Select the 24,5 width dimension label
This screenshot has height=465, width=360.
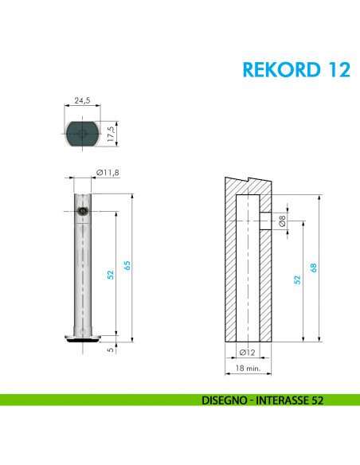tap(81, 101)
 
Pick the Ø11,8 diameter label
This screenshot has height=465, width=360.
tap(108, 173)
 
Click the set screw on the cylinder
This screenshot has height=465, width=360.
tap(83, 211)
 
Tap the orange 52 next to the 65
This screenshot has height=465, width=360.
tap(112, 274)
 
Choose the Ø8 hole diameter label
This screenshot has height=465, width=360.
tap(281, 222)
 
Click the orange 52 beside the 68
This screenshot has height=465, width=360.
tap(297, 279)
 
